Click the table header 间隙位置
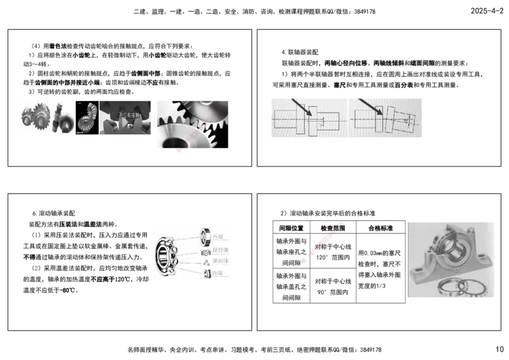[x=291, y=227]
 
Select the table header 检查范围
[x=333, y=227]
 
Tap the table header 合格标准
[x=380, y=227]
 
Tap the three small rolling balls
[x=206, y=261]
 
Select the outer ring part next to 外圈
[x=206, y=237]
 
